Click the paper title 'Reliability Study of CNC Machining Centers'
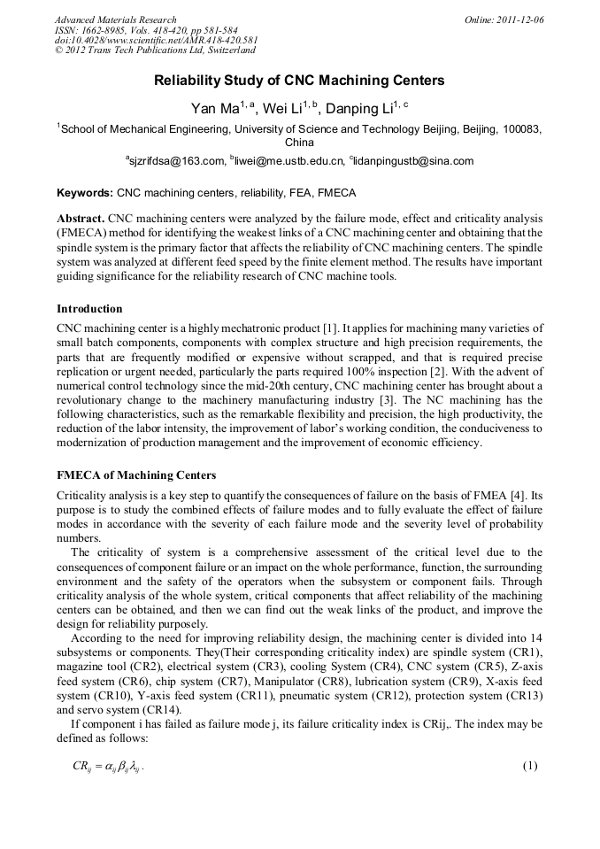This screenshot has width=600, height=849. click(299, 81)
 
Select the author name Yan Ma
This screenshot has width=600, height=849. click(211, 109)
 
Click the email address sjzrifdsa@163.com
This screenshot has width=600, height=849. click(177, 161)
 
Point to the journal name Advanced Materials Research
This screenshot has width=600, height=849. click(115, 19)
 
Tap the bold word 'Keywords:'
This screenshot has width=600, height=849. click(85, 192)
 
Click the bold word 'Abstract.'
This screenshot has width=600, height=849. click(81, 217)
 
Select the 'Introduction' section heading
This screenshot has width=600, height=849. click(89, 309)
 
